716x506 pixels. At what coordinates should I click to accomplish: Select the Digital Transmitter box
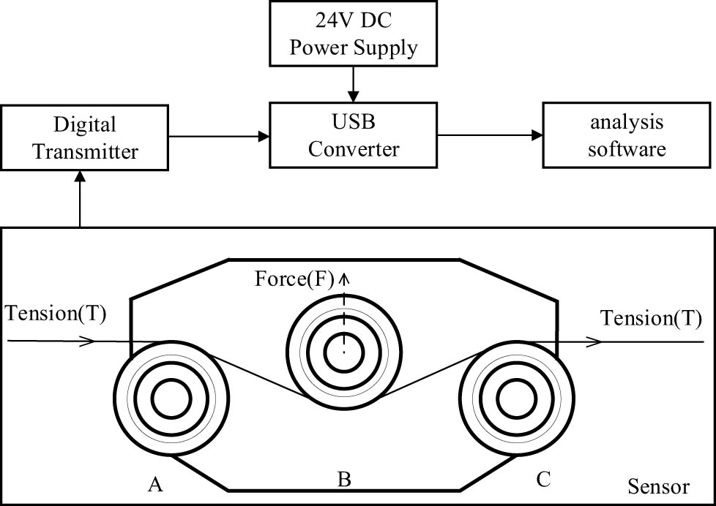[x=86, y=137]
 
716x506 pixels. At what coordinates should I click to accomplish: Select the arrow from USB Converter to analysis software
[x=490, y=136]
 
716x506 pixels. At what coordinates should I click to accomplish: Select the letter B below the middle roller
[x=344, y=480]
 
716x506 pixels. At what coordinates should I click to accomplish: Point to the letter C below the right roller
[x=542, y=480]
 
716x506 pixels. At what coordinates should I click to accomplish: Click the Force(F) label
[x=294, y=279]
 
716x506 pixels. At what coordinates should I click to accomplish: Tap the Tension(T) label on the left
[x=56, y=314]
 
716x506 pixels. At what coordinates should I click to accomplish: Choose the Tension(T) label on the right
[x=651, y=318]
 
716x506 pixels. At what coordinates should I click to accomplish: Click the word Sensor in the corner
[x=658, y=486]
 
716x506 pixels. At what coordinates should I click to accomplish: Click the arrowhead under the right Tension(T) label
[x=597, y=341]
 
